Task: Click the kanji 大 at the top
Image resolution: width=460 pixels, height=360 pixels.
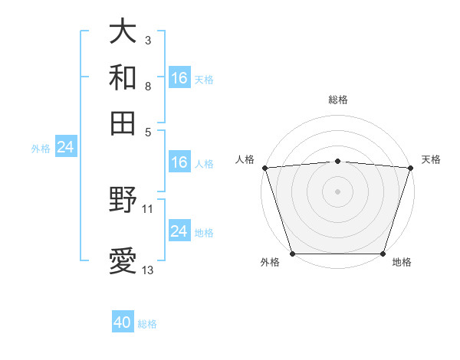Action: pyautogui.click(x=123, y=31)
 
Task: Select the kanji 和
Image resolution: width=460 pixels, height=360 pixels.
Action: pyautogui.click(x=123, y=77)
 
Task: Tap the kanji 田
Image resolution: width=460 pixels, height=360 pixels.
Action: pyautogui.click(x=123, y=123)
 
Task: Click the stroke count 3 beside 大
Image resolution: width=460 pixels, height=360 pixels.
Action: pyautogui.click(x=147, y=39)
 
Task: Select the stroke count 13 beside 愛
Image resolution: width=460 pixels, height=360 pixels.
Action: pyautogui.click(x=147, y=270)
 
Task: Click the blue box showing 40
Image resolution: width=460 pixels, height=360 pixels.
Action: pyautogui.click(x=123, y=322)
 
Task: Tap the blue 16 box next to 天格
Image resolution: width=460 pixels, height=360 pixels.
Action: pyautogui.click(x=179, y=77)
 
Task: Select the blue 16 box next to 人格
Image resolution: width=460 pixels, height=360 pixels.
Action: pyautogui.click(x=179, y=162)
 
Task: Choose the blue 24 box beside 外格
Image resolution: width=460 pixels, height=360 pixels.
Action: pyautogui.click(x=66, y=147)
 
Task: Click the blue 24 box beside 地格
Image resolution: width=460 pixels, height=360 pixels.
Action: pyautogui.click(x=179, y=231)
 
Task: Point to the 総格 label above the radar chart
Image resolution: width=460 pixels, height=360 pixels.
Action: pyautogui.click(x=337, y=100)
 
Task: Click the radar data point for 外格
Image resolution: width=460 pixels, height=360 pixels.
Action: pyautogui.click(x=293, y=254)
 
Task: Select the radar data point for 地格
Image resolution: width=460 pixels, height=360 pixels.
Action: pyautogui.click(x=383, y=254)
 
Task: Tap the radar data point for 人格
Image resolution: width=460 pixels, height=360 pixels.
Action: pyautogui.click(x=265, y=168)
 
